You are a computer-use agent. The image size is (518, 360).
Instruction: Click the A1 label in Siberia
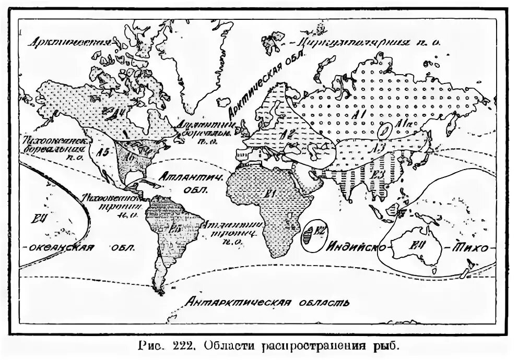[x=359, y=114]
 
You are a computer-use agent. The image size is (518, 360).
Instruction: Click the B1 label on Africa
[x=270, y=194]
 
